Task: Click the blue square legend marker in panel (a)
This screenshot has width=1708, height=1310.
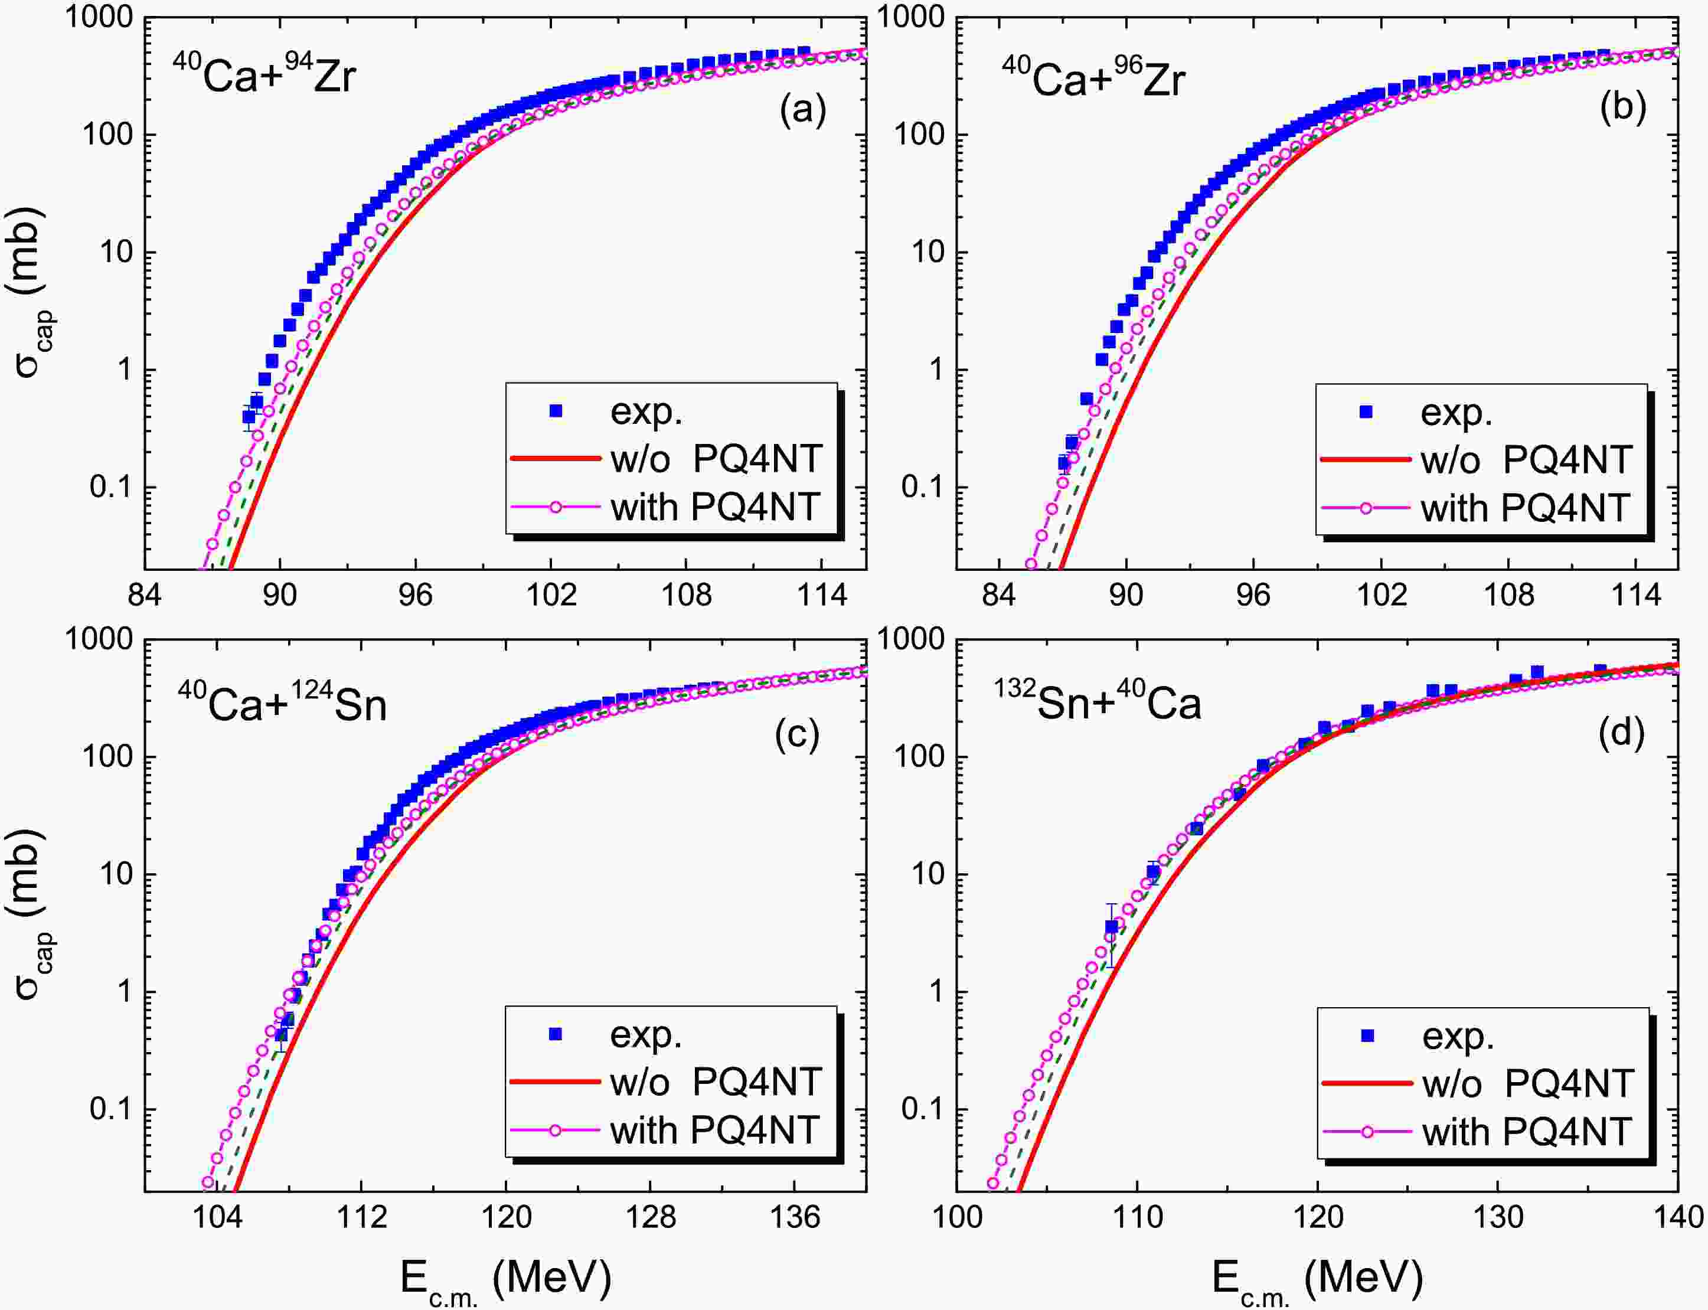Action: pyautogui.click(x=556, y=411)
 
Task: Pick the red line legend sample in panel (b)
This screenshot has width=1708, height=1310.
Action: pyautogui.click(x=1366, y=460)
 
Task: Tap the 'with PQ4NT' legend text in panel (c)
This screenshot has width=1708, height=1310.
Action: pyautogui.click(x=714, y=1130)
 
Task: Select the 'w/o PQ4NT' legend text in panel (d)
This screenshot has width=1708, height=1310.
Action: pyautogui.click(x=1528, y=1083)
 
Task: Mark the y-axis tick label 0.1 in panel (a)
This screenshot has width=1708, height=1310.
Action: pyautogui.click(x=112, y=488)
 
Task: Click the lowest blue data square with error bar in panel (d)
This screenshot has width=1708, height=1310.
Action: pyautogui.click(x=1111, y=927)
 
